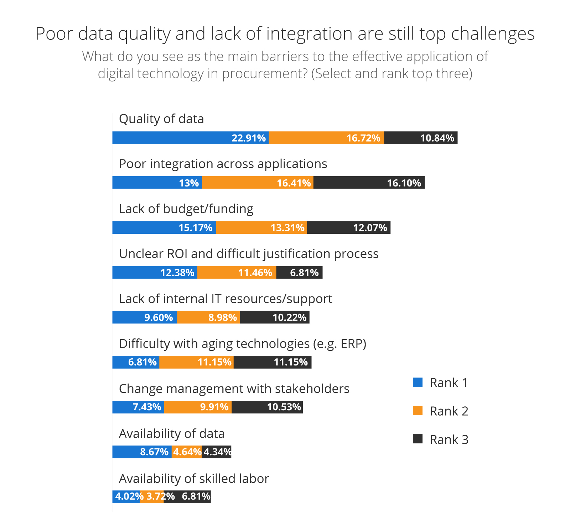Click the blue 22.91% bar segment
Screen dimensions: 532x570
pyautogui.click(x=191, y=138)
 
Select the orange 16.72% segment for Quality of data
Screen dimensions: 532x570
pyautogui.click(x=326, y=138)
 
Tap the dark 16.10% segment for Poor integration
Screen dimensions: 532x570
pyautogui.click(x=369, y=183)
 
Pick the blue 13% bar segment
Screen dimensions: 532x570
pyautogui.click(x=157, y=183)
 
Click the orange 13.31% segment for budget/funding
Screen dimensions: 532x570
pyautogui.click(x=262, y=227)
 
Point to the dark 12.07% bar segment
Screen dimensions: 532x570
pyautogui.click(x=349, y=227)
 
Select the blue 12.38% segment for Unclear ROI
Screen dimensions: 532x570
pyautogui.click(x=155, y=272)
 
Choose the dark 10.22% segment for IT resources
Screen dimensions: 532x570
pyautogui.click(x=275, y=317)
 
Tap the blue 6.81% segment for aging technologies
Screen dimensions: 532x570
pyautogui.click(x=136, y=362)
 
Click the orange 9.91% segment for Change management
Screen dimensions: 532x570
pyautogui.click(x=198, y=407)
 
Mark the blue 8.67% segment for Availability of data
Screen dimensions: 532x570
pyautogui.click(x=142, y=452)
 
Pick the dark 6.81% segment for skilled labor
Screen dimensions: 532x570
pyautogui.click(x=187, y=496)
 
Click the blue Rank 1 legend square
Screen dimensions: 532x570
pyautogui.click(x=418, y=383)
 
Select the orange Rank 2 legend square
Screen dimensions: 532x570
pyautogui.click(x=418, y=411)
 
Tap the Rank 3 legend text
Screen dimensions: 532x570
pyautogui.click(x=449, y=439)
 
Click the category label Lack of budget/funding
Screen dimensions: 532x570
pyautogui.click(x=186, y=209)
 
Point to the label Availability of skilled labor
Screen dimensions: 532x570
pyautogui.click(x=194, y=479)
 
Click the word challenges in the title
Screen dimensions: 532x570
pyautogui.click(x=493, y=34)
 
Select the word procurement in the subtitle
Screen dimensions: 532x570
pyautogui.click(x=265, y=74)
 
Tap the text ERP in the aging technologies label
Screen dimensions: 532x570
pyautogui.click(x=352, y=344)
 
